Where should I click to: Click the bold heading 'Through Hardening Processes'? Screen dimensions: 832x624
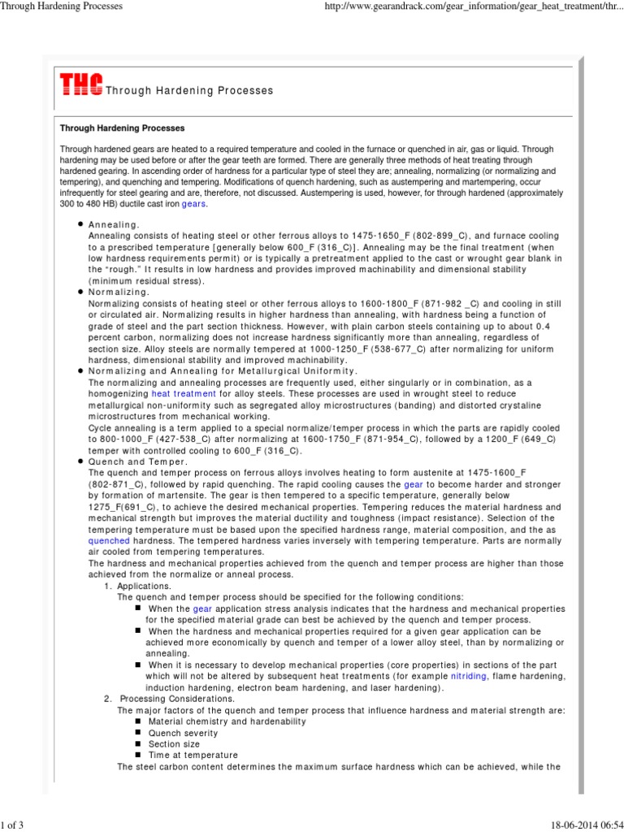[x=123, y=128]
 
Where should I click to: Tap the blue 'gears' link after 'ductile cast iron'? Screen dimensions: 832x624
[x=193, y=204]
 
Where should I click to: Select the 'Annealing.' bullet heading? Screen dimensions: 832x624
[x=114, y=224]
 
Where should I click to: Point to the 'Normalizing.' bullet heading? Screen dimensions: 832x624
[x=119, y=291]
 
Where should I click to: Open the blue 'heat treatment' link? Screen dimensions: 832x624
[x=184, y=392]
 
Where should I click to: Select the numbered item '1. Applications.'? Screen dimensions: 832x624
[x=136, y=585]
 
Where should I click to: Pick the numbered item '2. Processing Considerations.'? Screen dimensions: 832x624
[x=168, y=699]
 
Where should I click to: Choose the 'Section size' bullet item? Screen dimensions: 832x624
[x=174, y=743]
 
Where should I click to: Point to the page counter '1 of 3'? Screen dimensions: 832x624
[x=12, y=825]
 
